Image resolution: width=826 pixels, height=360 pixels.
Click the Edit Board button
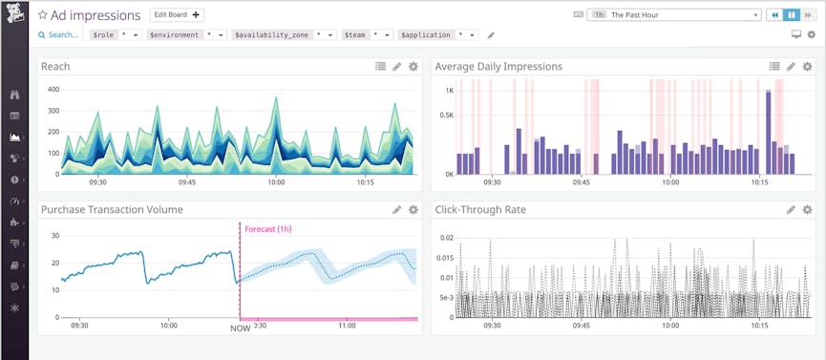coord(178,15)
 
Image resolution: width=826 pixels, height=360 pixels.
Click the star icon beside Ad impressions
coord(43,16)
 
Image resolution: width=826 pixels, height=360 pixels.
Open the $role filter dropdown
coord(116,34)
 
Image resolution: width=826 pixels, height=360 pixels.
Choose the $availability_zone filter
coord(284,34)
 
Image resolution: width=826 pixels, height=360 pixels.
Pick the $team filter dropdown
coord(367,34)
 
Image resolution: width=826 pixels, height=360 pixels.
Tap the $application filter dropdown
coord(437,34)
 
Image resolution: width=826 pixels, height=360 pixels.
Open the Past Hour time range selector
coord(676,15)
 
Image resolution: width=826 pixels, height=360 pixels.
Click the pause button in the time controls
coord(791,15)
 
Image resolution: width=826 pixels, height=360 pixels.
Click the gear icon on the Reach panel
coord(413,67)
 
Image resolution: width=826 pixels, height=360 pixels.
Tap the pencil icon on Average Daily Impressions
coord(791,67)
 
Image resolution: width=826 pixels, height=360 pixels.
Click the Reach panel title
coord(55,67)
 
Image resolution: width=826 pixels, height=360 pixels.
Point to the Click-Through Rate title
coord(480,209)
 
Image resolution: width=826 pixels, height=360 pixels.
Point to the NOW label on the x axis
coord(240,328)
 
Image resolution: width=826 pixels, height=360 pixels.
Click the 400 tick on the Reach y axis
coord(53,89)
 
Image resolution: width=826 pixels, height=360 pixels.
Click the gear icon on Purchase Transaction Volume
coord(413,209)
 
